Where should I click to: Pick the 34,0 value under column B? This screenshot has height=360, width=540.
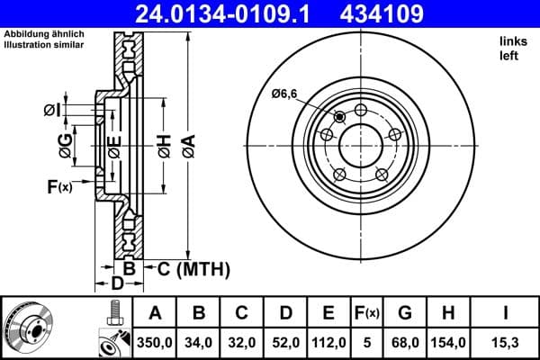click(199, 343)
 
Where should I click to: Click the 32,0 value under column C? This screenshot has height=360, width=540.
click(242, 343)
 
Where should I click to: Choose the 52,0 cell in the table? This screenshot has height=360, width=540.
click(285, 343)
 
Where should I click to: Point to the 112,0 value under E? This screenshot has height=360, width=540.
click(328, 343)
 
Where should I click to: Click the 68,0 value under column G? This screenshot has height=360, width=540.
click(405, 343)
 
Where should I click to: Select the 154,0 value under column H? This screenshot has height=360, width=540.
click(448, 343)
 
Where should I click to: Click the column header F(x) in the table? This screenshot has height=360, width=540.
click(367, 314)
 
